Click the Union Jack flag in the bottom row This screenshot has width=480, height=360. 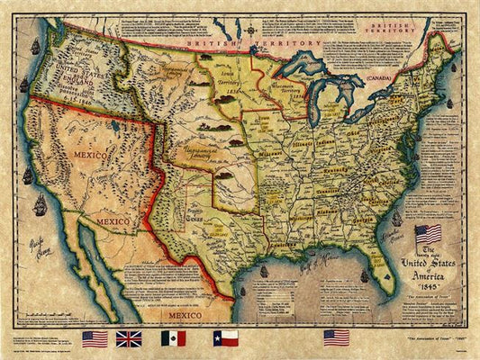(129, 338)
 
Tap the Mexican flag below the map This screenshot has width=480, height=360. (175, 338)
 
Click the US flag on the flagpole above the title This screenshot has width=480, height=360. (429, 234)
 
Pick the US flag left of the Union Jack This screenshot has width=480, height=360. (95, 338)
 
